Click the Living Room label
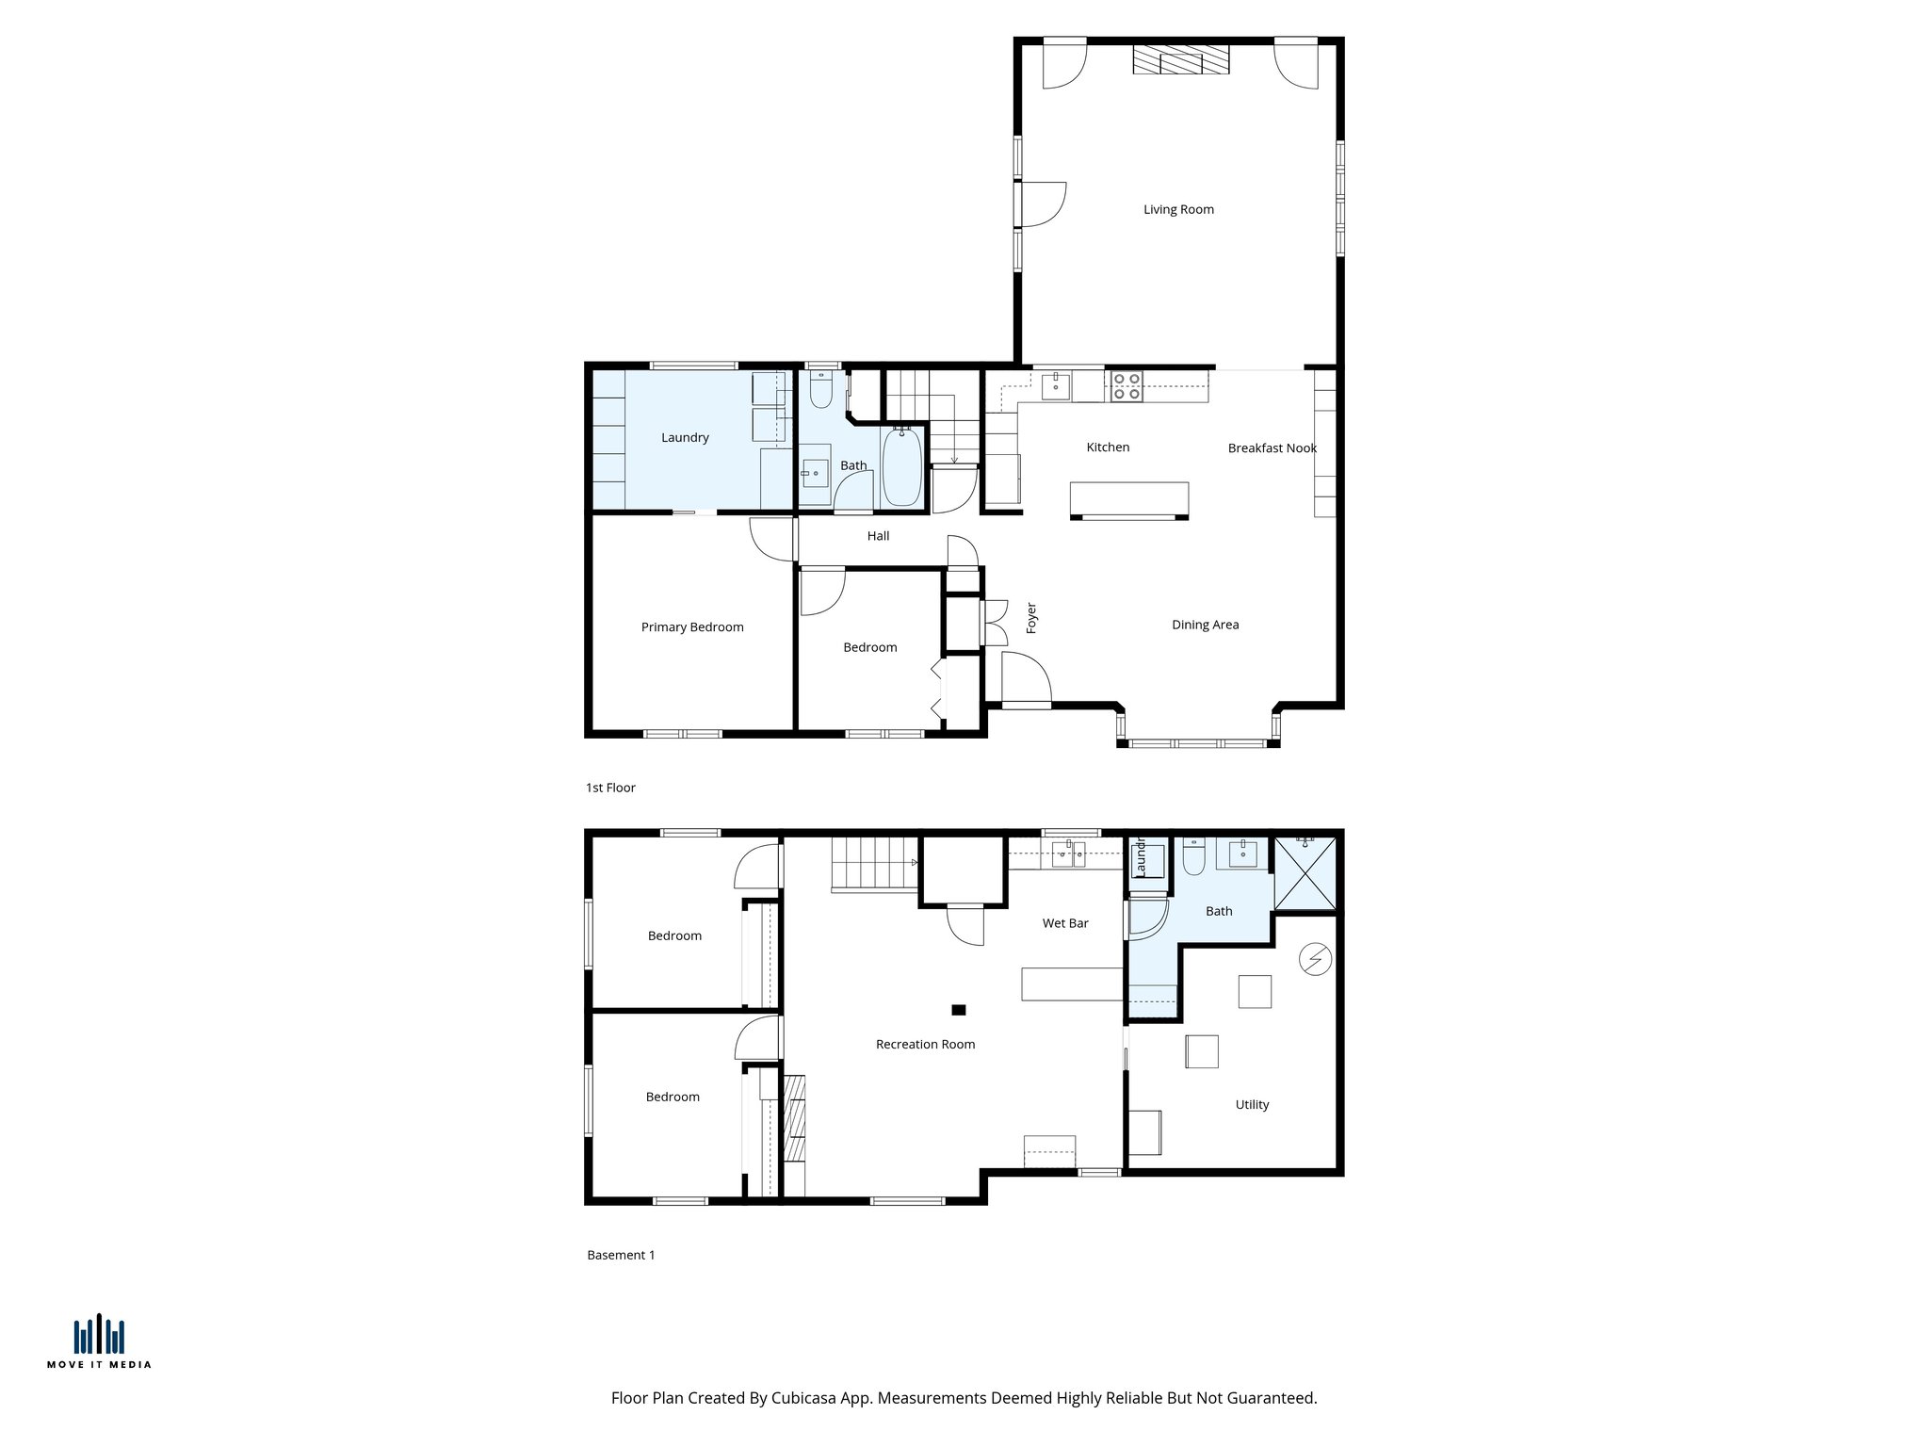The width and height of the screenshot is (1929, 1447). point(1178,209)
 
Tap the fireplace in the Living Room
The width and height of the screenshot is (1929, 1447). point(1181,60)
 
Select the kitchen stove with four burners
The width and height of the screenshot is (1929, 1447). point(1127,386)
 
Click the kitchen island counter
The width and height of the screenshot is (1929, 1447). point(1129,499)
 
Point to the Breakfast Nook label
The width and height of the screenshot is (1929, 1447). point(1272,448)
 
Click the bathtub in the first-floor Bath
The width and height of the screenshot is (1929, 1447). point(901,466)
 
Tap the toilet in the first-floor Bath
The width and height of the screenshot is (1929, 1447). point(820,390)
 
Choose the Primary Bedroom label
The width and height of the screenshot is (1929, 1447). point(692,627)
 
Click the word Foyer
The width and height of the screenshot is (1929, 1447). point(1031,618)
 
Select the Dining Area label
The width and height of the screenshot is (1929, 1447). point(1205,625)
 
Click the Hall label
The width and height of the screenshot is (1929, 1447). point(878,536)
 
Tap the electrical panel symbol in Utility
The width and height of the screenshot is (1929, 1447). point(1315,959)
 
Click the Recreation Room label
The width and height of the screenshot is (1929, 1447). point(925,1044)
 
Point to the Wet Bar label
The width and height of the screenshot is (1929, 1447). point(1065,923)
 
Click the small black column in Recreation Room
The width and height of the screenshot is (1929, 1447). point(959,1010)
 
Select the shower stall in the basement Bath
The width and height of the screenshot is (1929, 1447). point(1305,873)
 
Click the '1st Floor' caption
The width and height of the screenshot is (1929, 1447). point(610,788)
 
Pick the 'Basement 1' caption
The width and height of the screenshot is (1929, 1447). point(621,1255)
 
